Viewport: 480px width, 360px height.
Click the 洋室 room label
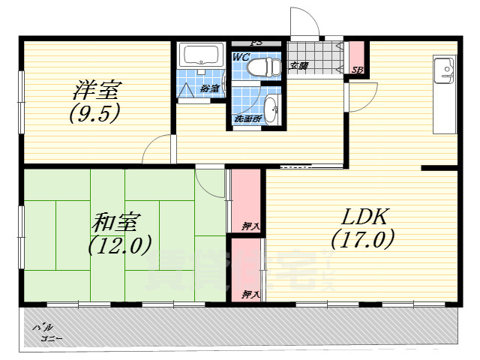(x=95, y=91)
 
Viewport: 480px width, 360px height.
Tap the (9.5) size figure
(x=95, y=113)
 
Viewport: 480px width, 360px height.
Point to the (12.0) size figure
(x=120, y=244)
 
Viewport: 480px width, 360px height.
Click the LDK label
(x=364, y=217)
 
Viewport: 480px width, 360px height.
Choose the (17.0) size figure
(x=363, y=241)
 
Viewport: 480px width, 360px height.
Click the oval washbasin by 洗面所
(x=271, y=109)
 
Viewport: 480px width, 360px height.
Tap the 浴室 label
(x=210, y=88)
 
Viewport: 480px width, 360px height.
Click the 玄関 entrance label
(x=298, y=66)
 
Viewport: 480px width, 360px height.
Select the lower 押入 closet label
(x=250, y=294)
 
